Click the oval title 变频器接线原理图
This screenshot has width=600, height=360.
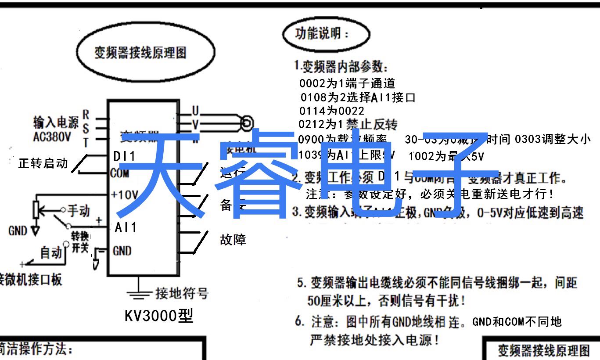pyautogui.click(x=140, y=53)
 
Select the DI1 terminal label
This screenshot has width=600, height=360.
pyautogui.click(x=125, y=156)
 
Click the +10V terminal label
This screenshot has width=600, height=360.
pyautogui.click(x=125, y=194)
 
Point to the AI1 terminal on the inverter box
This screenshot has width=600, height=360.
pyautogui.click(x=126, y=227)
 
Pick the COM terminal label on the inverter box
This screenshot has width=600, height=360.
pyautogui.click(x=119, y=173)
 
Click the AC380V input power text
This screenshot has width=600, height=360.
pyautogui.click(x=52, y=137)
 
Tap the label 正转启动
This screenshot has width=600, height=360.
pyautogui.click(x=43, y=163)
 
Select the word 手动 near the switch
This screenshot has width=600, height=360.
pyautogui.click(x=79, y=211)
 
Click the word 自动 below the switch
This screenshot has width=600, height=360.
pyautogui.click(x=51, y=253)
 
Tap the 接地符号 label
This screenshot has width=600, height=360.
pyautogui.click(x=182, y=293)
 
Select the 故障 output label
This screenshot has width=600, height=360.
pyautogui.click(x=233, y=239)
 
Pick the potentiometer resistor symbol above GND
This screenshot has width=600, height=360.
pyautogui.click(x=37, y=209)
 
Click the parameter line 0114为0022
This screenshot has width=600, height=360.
pyautogui.click(x=331, y=111)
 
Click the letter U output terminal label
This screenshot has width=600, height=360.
pyautogui.click(x=195, y=110)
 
